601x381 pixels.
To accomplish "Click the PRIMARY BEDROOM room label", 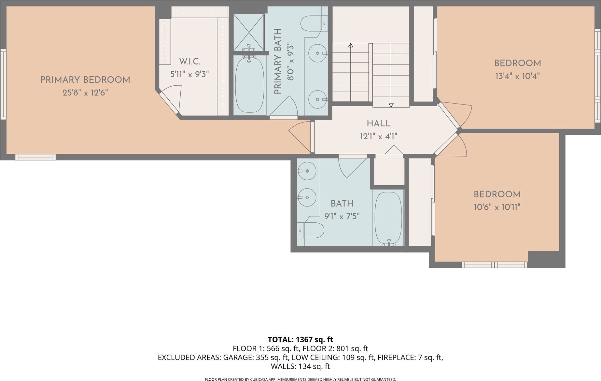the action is point(85,80).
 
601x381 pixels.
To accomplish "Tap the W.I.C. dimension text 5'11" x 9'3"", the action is point(189,74).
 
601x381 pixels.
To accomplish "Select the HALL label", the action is point(379,123).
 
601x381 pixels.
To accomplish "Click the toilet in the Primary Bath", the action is point(314,23).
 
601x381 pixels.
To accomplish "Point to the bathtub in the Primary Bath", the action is point(249,85).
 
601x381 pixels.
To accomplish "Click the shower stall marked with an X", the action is point(249,32).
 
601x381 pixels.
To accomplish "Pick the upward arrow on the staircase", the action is point(351,72).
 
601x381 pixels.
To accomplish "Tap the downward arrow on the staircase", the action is point(391,75).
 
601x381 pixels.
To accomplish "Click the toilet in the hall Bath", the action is point(311,230).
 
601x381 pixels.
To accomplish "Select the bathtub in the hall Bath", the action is point(388,218).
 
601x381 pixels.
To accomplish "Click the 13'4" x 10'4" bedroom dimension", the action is point(518,76).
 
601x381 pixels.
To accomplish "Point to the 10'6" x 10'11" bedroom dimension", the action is point(497,207).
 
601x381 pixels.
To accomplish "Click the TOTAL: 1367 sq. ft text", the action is point(300,340).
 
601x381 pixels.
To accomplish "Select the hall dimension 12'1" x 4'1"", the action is point(379,136).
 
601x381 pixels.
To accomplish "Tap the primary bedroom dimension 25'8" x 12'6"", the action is point(85,93).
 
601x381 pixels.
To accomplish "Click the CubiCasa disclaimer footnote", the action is point(300,379).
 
